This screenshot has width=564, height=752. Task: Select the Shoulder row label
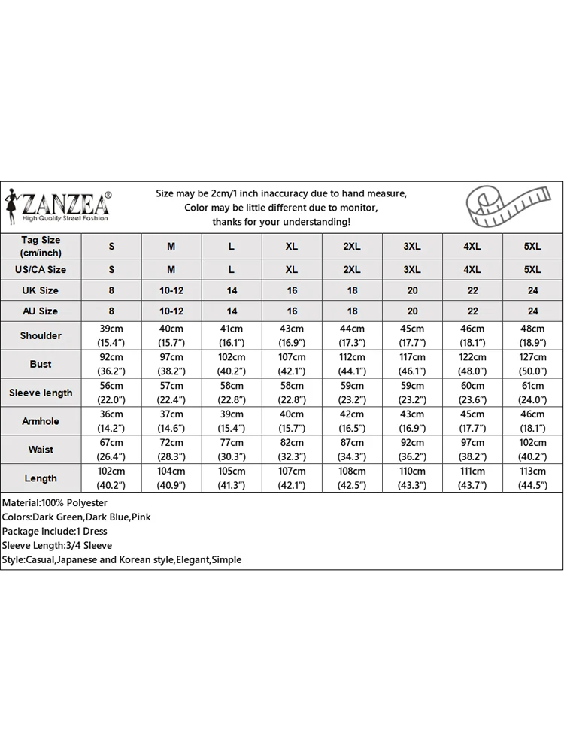pos(41,335)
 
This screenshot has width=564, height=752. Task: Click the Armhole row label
pos(41,421)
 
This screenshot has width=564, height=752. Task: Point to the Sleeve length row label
pos(41,393)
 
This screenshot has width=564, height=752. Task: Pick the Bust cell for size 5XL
pos(532,364)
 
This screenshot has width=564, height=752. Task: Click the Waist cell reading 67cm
pos(111,450)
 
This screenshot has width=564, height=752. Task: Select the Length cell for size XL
pos(292,478)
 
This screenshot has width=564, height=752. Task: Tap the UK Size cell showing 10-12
pos(171,290)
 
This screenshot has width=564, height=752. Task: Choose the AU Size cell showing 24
pos(532,311)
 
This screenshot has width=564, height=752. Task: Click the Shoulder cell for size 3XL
pos(412,335)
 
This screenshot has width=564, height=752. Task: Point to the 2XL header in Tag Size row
pos(352,247)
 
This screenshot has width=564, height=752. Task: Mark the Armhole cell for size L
pos(232,421)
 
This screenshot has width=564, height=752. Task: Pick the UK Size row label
pos(41,290)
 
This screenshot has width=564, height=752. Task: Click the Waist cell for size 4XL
pos(472,450)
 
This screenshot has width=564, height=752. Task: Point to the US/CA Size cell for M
pos(171,269)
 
